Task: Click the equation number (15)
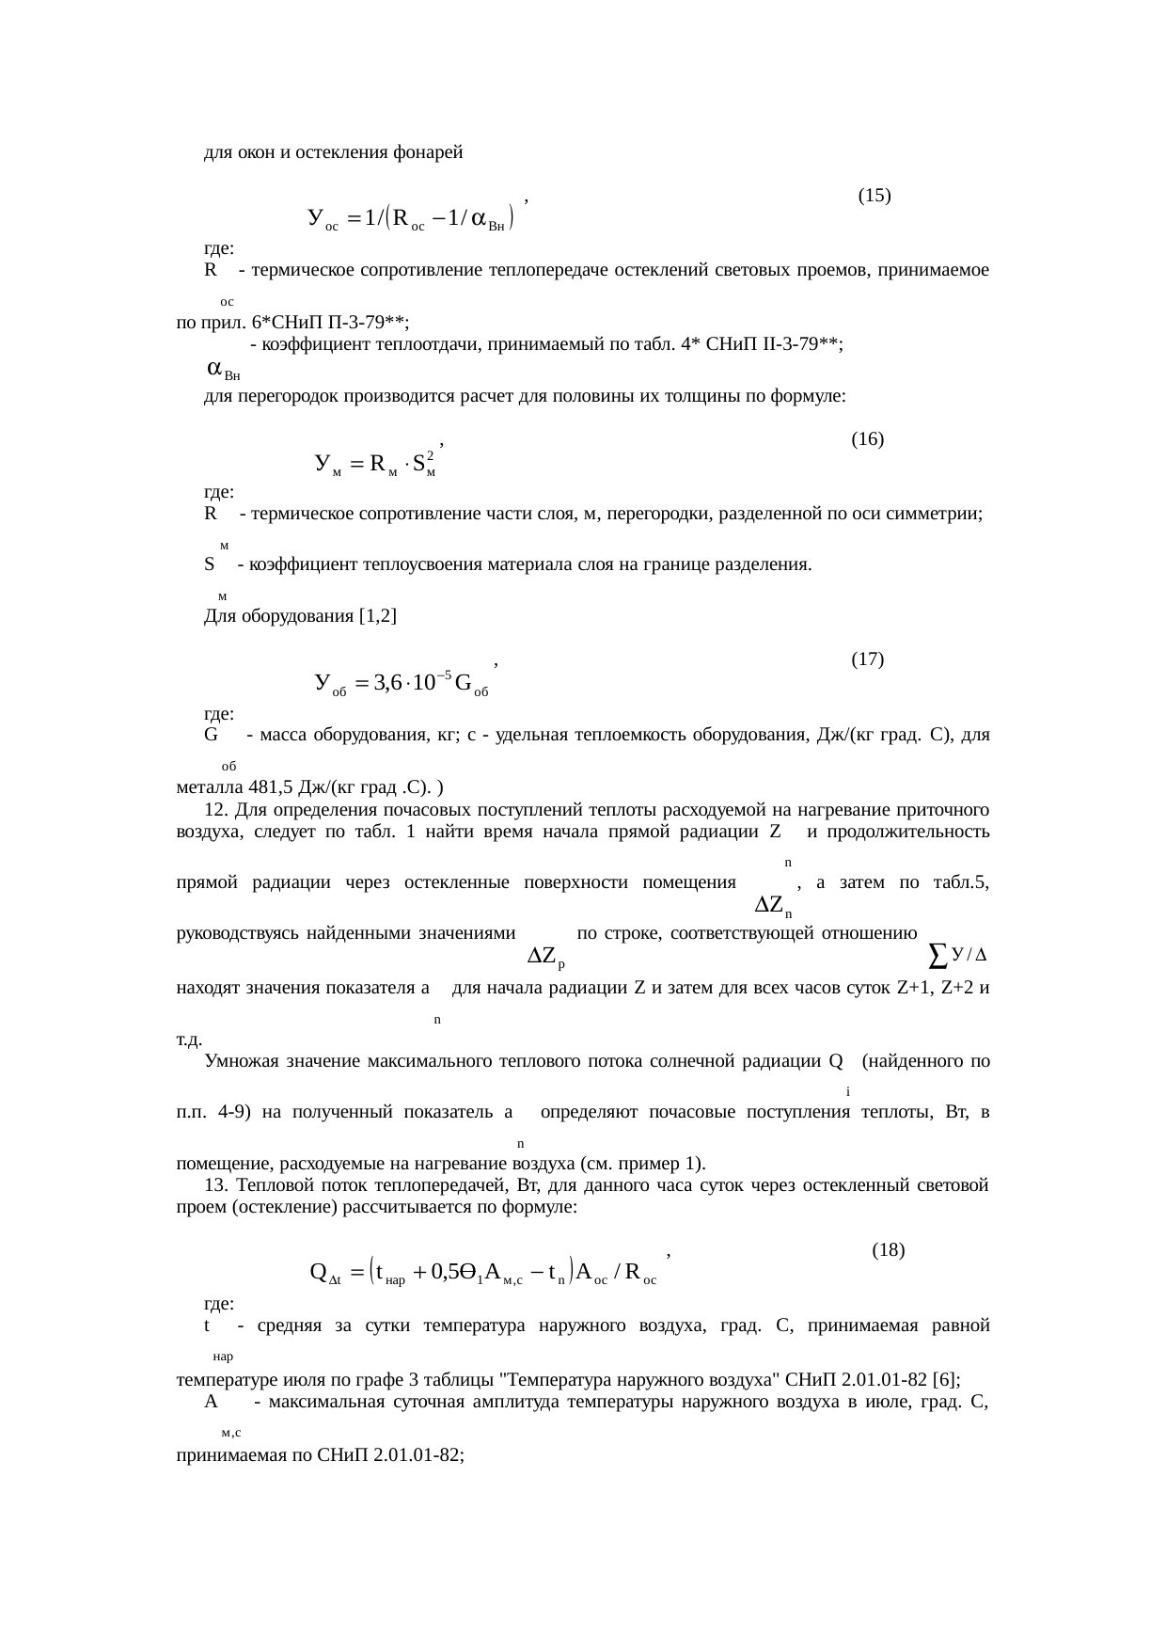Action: pyautogui.click(x=874, y=197)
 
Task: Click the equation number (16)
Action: pyautogui.click(x=867, y=439)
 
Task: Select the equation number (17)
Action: pyautogui.click(x=867, y=660)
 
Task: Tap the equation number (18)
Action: pyautogui.click(x=889, y=1251)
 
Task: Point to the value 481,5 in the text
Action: pyautogui.click(x=259, y=787)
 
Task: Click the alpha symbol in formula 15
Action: pyautogui.click(x=479, y=218)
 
